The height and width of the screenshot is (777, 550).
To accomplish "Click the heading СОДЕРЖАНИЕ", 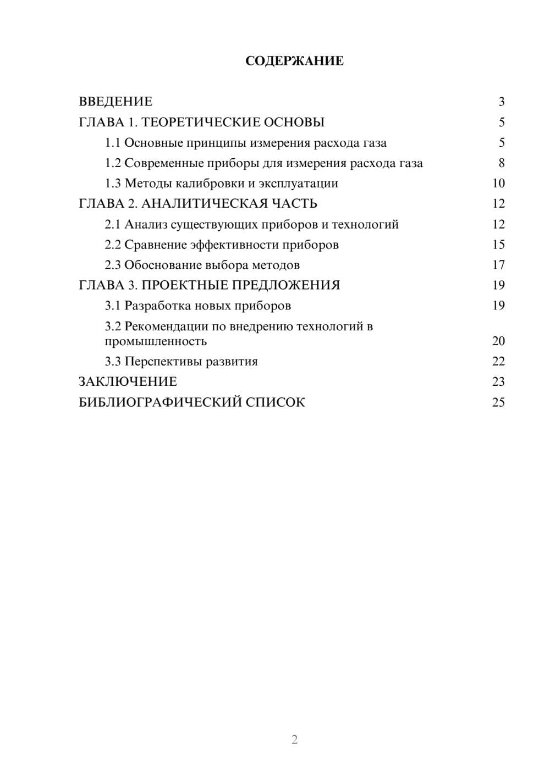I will (294, 61).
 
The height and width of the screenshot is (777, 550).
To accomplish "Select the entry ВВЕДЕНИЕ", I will (116, 102).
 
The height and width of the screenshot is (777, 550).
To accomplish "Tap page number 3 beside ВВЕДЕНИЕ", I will (501, 102).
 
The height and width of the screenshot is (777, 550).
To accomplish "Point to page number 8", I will (501, 163).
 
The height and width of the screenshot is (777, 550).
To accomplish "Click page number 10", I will (498, 184).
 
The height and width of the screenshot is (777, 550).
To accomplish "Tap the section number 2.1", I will (113, 224).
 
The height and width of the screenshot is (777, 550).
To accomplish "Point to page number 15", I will (498, 245).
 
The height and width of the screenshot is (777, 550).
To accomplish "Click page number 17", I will (498, 265).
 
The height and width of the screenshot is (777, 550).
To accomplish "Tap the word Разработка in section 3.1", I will (158, 306).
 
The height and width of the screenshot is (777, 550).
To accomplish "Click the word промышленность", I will (156, 341).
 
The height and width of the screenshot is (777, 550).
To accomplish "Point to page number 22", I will (498, 362).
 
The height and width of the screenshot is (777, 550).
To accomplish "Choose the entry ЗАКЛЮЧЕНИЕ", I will (128, 381).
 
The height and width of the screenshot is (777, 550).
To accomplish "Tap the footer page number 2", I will (294, 740).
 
